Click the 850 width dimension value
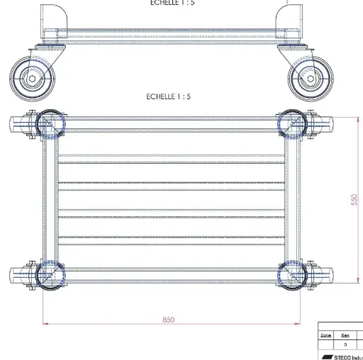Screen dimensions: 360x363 [168, 320]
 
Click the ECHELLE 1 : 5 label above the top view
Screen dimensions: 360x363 [169, 96]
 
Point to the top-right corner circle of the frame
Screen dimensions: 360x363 [292, 124]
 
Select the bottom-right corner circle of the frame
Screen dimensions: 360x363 [292, 274]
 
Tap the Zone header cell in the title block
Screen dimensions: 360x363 [326, 335]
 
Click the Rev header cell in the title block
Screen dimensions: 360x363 [345, 335]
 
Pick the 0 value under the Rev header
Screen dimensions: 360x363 [345, 344]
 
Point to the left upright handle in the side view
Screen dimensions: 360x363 [50, 18]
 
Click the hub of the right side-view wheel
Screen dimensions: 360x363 [311, 79]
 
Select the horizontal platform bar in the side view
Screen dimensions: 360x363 [170, 33]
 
